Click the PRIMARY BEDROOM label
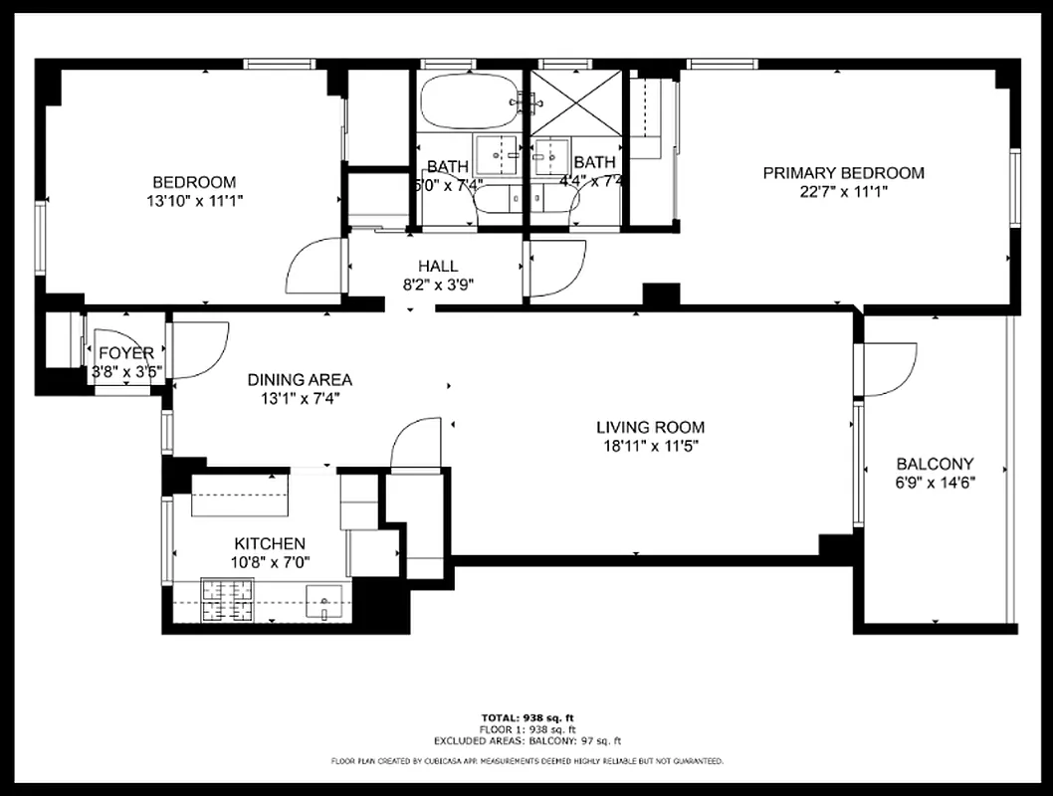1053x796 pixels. point(843,173)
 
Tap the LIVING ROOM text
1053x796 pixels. point(650,427)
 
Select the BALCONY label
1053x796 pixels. point(935,464)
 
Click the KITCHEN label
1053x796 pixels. point(270,543)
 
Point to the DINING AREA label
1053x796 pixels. point(300,379)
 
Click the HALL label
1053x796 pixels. point(438,266)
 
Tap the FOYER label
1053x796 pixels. point(126,353)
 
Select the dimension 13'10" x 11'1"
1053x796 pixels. point(194,200)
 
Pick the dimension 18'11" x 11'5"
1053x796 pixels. point(650,446)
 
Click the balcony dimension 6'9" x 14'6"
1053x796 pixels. point(935,483)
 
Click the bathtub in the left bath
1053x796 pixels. point(468,100)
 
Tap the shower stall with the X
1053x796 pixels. point(575,100)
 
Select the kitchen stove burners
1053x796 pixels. point(227,600)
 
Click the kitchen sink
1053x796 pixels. point(324,601)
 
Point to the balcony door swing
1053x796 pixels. point(889,368)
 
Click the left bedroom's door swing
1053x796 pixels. point(316,266)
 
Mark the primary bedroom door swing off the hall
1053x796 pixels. point(555,269)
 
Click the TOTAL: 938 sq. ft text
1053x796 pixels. point(526,717)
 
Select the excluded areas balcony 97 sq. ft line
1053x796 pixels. point(526,741)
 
